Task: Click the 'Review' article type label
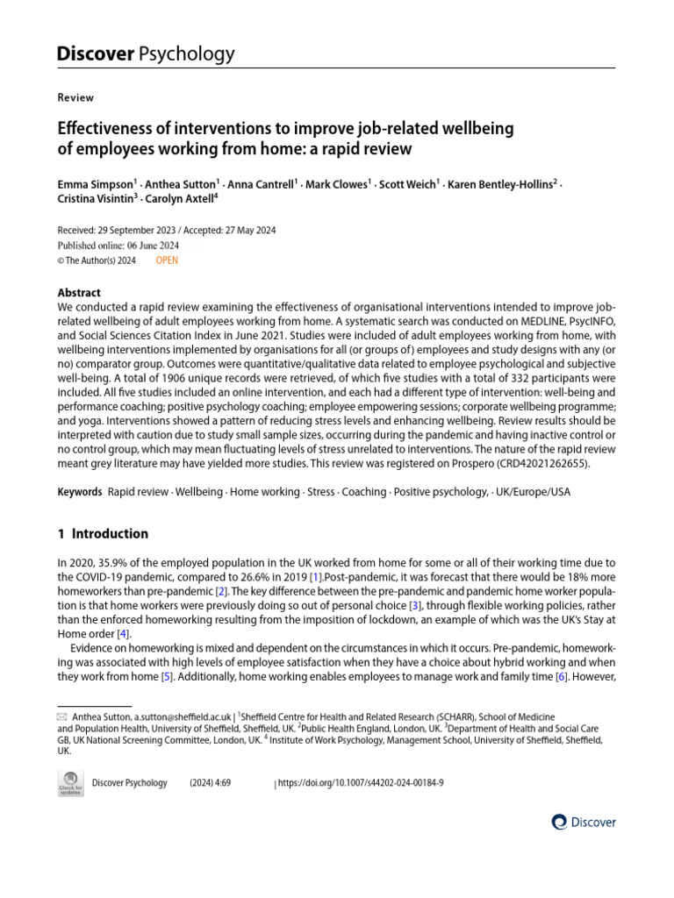tap(75, 97)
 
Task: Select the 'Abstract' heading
tap(79, 293)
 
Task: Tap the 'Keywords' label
tap(80, 492)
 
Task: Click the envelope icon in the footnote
tap(61, 716)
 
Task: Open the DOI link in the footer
tap(360, 783)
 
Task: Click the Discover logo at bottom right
tap(584, 823)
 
